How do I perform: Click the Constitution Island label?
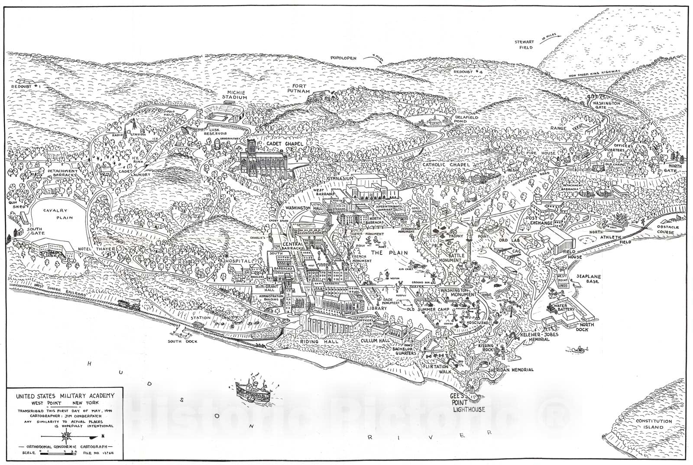coord(654,424)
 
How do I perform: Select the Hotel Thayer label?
coord(91,249)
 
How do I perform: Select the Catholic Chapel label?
coord(444,165)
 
